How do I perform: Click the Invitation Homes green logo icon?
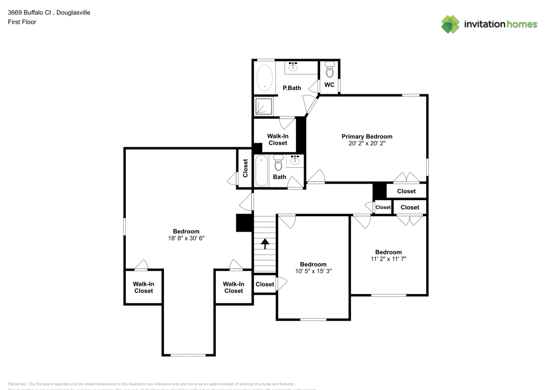point(450,24)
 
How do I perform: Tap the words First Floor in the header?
point(22,22)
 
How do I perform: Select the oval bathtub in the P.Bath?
point(266,78)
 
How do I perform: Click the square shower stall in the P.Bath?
point(264,106)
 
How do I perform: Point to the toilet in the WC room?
point(330,70)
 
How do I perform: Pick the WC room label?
point(330,85)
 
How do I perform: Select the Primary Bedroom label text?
point(367,136)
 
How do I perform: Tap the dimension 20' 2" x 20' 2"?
point(367,144)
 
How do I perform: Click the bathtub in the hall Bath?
point(262,171)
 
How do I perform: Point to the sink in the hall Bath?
point(295,161)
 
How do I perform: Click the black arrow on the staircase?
point(265,243)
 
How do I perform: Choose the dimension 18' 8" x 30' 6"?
point(186,238)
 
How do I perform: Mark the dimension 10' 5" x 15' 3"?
point(313,271)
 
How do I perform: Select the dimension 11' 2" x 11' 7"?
point(388,259)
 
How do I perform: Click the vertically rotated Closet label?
point(245,168)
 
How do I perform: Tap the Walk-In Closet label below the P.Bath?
point(278,140)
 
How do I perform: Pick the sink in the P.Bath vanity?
point(293,67)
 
